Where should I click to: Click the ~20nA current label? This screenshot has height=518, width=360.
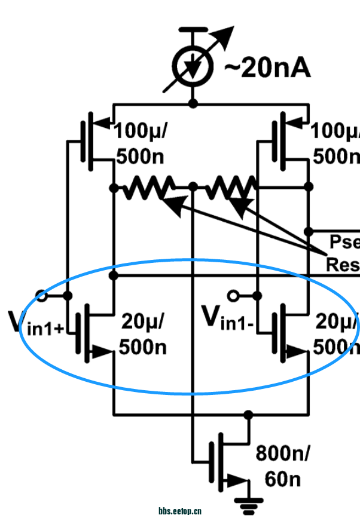(x=267, y=68)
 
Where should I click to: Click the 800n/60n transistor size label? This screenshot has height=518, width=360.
(x=283, y=467)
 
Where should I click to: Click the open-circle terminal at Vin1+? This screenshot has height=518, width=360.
(x=42, y=295)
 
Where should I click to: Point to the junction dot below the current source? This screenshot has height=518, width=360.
(x=193, y=103)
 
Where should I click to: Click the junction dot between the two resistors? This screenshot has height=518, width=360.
(x=193, y=187)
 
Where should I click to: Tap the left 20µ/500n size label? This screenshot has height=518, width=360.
(x=143, y=334)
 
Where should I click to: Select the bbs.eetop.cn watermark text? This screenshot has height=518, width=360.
(x=180, y=511)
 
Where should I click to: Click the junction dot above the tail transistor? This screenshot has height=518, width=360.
(x=248, y=414)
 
